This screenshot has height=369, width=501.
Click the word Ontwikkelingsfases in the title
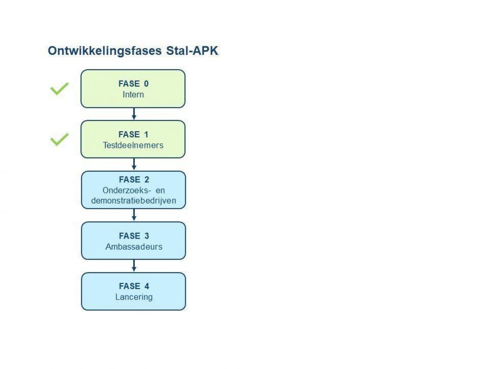point(105,51)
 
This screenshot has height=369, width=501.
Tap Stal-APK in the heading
point(192,51)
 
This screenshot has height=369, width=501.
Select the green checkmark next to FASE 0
point(59,89)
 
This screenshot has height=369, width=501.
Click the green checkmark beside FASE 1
point(59,139)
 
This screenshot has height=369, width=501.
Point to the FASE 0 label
point(134,84)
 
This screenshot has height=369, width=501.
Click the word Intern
point(133,94)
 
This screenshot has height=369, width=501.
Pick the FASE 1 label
point(133,134)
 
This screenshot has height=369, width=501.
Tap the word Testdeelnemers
point(133,145)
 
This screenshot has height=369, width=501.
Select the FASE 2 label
point(134,180)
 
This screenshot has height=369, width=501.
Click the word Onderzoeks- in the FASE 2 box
point(127,191)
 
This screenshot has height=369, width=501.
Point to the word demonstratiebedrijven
point(134,201)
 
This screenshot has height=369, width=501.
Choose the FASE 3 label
point(134,236)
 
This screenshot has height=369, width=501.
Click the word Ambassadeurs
point(134,247)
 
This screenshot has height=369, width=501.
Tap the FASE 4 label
point(134,286)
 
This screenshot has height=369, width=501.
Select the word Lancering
point(134,297)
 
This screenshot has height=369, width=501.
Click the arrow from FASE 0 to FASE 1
point(134,114)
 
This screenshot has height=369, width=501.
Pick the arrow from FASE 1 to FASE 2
point(134,164)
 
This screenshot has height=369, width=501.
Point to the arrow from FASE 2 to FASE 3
point(134,215)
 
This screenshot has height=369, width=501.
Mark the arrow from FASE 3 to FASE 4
point(134,266)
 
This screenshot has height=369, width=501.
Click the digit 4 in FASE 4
point(147,286)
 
